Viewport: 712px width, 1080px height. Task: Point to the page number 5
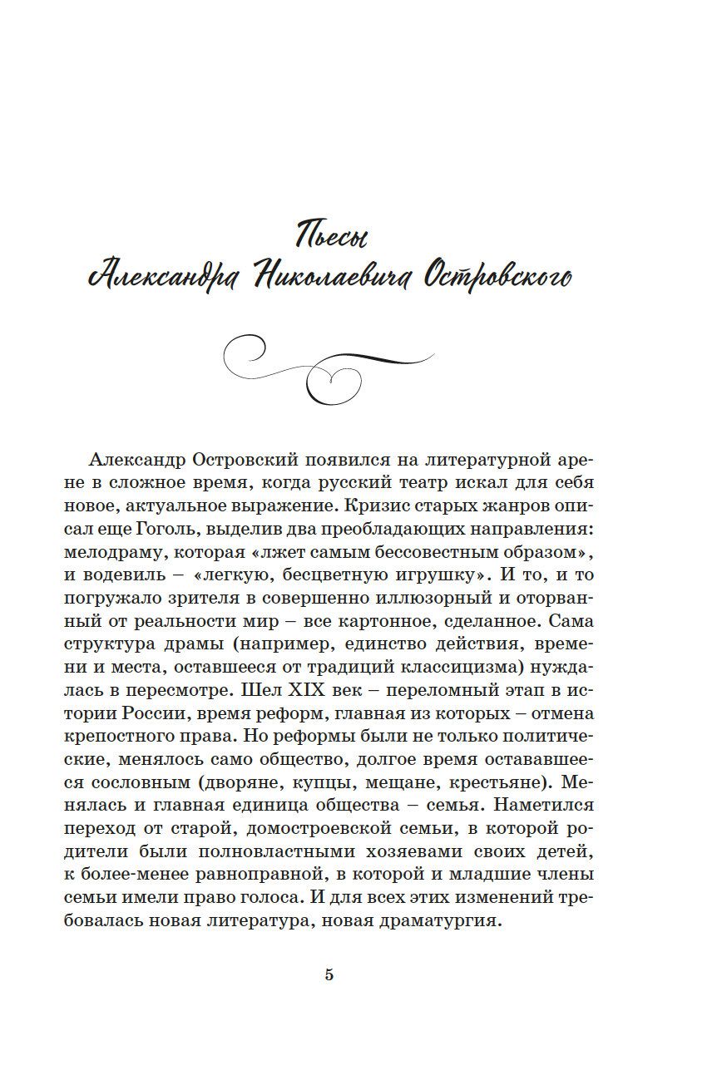[329, 975]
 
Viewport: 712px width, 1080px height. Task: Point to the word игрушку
[432, 575]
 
